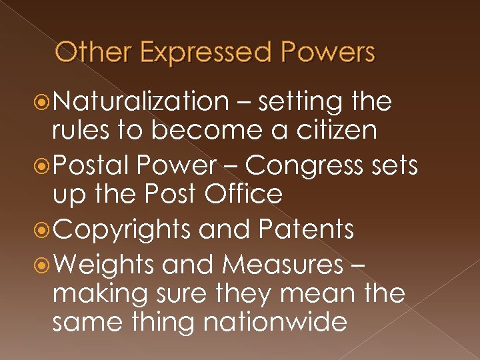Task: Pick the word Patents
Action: tap(307, 229)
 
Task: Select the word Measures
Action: tap(282, 264)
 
